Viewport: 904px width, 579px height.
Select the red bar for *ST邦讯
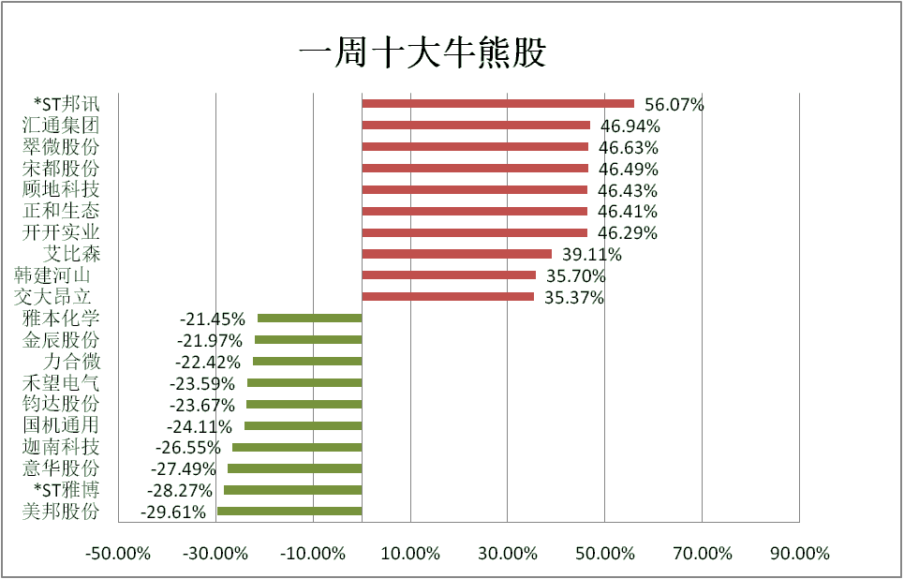(497, 104)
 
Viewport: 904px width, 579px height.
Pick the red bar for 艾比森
(456, 254)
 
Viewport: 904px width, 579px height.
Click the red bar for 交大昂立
(448, 297)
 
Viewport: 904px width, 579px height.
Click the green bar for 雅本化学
(309, 319)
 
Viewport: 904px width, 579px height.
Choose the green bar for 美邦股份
(289, 512)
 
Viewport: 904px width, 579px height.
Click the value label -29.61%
(173, 512)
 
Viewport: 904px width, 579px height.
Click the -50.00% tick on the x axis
(117, 553)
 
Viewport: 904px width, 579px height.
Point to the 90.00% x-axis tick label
(799, 553)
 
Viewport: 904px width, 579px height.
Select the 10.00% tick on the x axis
(409, 553)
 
